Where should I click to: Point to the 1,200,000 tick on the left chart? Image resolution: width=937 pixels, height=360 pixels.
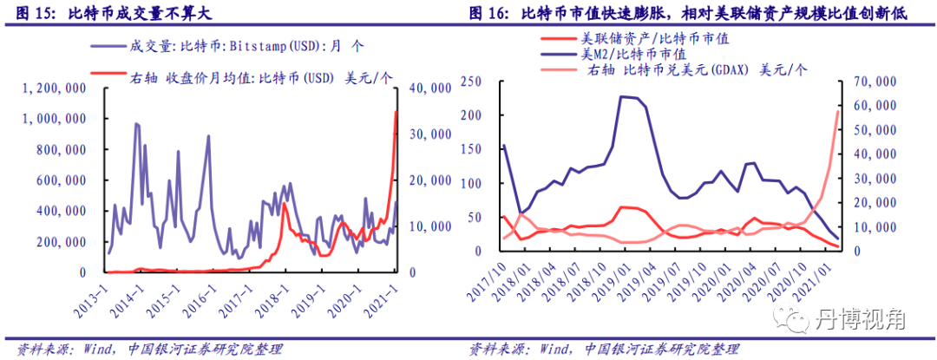(x=54, y=88)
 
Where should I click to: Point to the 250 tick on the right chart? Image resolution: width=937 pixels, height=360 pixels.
(x=471, y=82)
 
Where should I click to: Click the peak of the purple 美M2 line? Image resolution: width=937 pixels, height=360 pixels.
(x=622, y=96)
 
